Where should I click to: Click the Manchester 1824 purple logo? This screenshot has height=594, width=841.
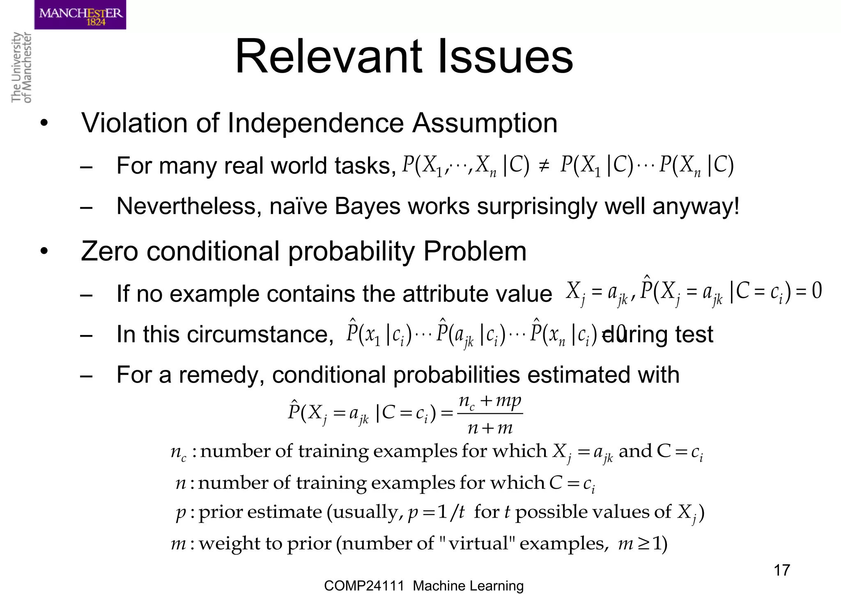pyautogui.click(x=80, y=15)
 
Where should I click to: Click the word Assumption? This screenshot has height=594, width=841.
pyautogui.click(x=485, y=123)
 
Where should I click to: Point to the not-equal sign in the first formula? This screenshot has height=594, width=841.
pyautogui.click(x=544, y=166)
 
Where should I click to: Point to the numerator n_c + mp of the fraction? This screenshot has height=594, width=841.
pyautogui.click(x=490, y=401)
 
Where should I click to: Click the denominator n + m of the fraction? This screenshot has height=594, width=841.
pyautogui.click(x=490, y=428)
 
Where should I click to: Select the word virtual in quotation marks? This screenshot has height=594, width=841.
pyautogui.click(x=478, y=544)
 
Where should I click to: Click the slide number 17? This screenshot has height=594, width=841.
pyautogui.click(x=781, y=570)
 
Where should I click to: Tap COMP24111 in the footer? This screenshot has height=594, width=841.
pyautogui.click(x=364, y=586)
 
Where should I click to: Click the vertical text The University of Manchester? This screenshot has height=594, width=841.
pyautogui.click(x=21, y=67)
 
